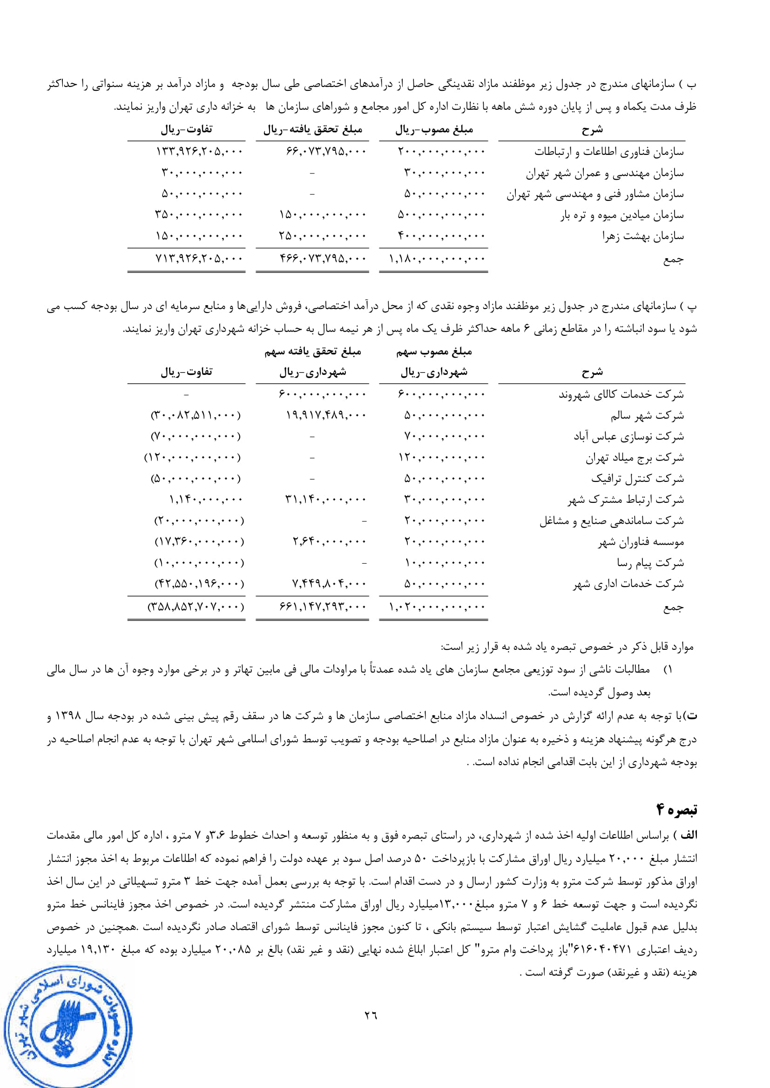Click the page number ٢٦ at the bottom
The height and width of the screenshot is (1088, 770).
[x=371, y=1015]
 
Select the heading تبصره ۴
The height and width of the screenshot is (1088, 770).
[x=676, y=810]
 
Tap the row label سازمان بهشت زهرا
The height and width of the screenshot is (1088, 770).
[x=643, y=236]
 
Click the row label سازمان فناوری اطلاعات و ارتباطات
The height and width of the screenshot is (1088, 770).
[x=609, y=152]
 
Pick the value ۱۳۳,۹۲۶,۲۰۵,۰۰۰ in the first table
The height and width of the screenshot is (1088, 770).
[x=199, y=152]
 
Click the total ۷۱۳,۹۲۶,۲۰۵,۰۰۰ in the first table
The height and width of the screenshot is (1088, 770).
[x=199, y=259]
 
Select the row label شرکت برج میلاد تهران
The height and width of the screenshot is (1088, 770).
[x=635, y=458]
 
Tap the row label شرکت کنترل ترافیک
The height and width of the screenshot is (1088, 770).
[x=637, y=479]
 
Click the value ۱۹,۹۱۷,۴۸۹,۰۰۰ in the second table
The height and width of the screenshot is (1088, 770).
[x=326, y=415]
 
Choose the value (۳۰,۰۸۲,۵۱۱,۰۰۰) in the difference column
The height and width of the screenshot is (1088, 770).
[x=196, y=415]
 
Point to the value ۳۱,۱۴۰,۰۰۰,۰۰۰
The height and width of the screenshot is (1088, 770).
[x=326, y=500]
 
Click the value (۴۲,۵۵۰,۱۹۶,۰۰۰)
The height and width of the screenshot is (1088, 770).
[x=199, y=584]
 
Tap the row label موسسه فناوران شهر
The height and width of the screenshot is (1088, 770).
[x=641, y=541]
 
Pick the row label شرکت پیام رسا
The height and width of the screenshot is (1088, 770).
[x=650, y=563]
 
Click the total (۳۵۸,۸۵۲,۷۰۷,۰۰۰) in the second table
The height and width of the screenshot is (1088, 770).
[x=196, y=607]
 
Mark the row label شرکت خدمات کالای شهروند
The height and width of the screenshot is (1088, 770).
[x=621, y=394]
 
